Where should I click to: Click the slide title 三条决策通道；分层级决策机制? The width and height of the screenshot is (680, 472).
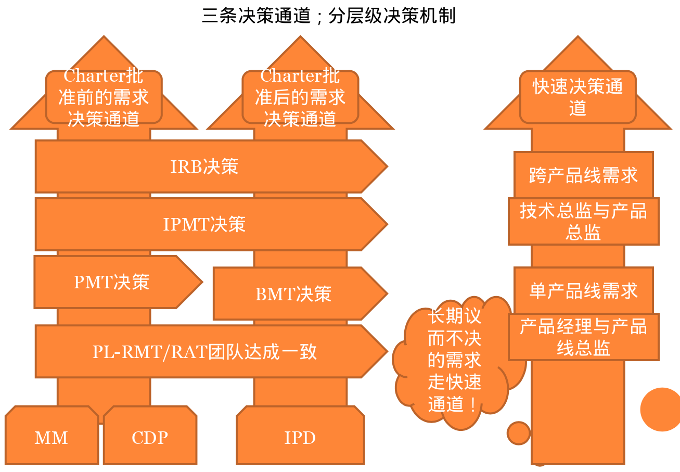point(329,16)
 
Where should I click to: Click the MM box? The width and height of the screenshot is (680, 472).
point(51,438)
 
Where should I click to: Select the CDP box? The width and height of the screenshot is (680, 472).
point(150,438)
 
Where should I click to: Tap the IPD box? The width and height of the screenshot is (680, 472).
point(300,438)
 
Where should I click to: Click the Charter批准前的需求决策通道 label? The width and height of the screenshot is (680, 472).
point(104,97)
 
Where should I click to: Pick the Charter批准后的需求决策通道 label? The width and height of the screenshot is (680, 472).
point(300,97)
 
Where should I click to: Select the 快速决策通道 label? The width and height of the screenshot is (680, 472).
point(578,97)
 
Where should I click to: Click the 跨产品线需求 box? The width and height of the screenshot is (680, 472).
point(583,175)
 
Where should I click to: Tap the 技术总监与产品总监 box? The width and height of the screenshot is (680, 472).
point(583,221)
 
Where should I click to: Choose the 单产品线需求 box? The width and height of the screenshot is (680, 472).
point(583,291)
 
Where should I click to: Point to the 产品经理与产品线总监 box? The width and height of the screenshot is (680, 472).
point(583,337)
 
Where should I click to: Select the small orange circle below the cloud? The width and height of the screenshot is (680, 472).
point(518,433)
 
